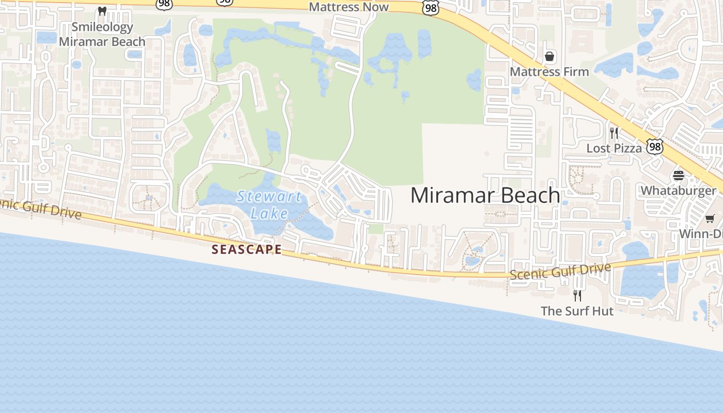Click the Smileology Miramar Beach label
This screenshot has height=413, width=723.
click(102, 34)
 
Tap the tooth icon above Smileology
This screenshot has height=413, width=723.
click(102, 11)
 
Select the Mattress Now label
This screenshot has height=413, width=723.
click(349, 7)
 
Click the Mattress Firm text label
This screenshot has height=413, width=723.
click(549, 71)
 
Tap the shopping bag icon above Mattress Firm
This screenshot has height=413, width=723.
click(549, 56)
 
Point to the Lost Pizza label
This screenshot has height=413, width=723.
click(614, 148)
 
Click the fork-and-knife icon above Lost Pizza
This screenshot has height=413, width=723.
click(614, 133)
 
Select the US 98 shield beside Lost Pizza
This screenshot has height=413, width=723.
click(655, 147)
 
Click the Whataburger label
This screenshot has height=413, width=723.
click(678, 190)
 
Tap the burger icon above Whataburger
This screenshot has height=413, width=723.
click(678, 176)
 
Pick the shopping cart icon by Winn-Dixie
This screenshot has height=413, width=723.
click(710, 219)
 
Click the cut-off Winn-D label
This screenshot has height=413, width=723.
click(700, 233)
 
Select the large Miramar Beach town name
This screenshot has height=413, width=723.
click(485, 195)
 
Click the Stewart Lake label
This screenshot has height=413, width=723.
click(269, 204)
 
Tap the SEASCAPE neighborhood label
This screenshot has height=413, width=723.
click(247, 249)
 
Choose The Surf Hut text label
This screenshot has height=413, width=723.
click(577, 311)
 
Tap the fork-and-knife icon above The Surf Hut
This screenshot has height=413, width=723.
click(577, 296)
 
